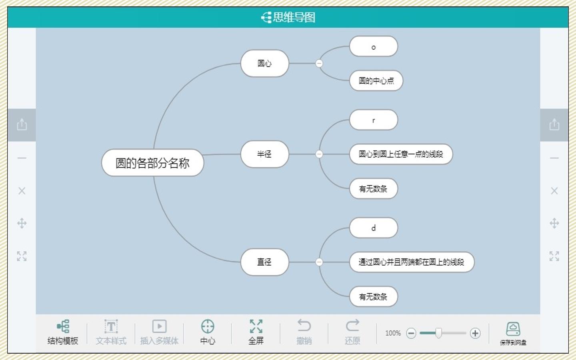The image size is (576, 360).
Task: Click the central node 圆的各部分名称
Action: tap(152, 163)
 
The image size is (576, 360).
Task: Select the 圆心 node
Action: tap(265, 63)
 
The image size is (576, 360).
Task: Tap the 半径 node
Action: tap(265, 154)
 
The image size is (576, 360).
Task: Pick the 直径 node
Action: tap(265, 262)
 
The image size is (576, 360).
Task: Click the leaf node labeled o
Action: tap(373, 46)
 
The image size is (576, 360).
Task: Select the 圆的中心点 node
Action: tap(376, 80)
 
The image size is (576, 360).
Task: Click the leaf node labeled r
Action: tap(373, 120)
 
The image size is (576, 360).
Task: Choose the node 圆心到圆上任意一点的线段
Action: tap(401, 154)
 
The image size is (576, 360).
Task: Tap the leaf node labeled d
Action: tap(373, 228)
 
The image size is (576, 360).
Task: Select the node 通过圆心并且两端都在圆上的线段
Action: tap(412, 262)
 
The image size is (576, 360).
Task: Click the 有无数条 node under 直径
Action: tap(373, 296)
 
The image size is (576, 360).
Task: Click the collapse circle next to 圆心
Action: tap(319, 63)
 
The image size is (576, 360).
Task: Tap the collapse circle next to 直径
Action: tap(319, 262)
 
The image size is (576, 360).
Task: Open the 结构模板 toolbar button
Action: tap(63, 332)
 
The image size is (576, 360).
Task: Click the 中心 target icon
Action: tap(208, 326)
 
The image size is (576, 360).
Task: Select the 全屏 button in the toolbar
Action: tap(256, 332)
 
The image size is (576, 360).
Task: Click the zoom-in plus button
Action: tap(475, 333)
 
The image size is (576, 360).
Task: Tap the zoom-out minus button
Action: tap(411, 333)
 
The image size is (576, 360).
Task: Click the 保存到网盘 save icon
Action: tap(513, 329)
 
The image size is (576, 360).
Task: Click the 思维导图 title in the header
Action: tap(294, 17)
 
